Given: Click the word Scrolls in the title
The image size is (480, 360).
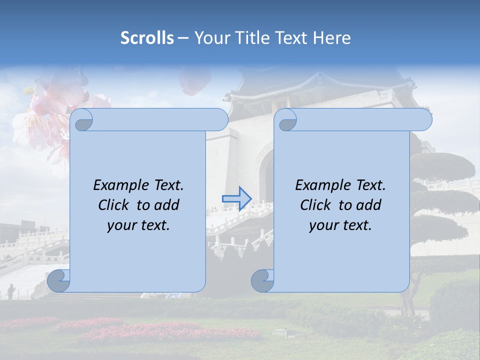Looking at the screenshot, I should (147, 38).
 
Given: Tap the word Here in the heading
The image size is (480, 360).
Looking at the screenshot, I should (332, 38).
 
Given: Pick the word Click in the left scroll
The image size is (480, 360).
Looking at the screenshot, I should (114, 205).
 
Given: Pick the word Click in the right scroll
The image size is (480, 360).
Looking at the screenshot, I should (316, 205).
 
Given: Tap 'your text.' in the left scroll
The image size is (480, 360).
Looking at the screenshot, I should (138, 225).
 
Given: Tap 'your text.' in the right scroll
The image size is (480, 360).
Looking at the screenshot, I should (340, 225).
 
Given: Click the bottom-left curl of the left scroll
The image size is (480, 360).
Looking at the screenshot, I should (59, 280).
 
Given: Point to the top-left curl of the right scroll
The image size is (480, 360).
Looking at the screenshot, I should (287, 120).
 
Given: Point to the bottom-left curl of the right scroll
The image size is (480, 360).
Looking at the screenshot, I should (262, 280).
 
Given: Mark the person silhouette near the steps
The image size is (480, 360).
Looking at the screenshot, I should (10, 291).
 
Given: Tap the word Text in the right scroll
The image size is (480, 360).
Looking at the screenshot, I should (370, 185).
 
